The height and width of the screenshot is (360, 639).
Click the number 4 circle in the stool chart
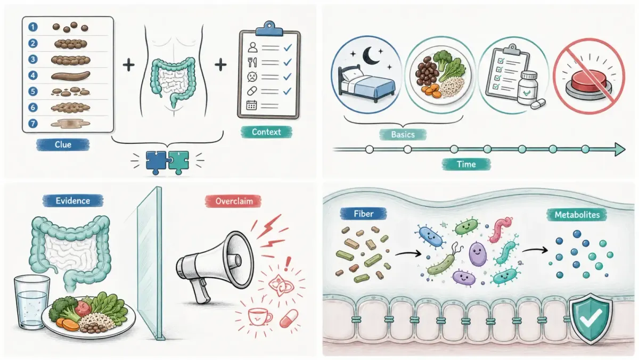pos(33,75)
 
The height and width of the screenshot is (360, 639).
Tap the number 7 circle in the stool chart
pos(33,123)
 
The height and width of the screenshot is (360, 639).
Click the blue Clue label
pos(63,145)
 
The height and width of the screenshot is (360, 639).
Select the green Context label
pos(266,132)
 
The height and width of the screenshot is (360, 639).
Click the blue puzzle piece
pos(157,162)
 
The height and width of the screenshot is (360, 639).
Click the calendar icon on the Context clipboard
pos(251,105)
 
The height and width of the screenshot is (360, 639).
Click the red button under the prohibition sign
pos(588,82)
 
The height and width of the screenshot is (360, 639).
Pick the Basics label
pos(403,134)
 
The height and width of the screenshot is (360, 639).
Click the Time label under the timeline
pos(466,165)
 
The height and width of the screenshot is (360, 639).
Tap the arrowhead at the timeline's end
pos(620,150)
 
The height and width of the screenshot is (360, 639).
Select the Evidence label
pos(73,201)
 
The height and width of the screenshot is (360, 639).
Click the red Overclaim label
pos(234,201)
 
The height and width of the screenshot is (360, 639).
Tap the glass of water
pos(31,302)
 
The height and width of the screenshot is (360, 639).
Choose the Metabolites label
pos(577,215)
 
